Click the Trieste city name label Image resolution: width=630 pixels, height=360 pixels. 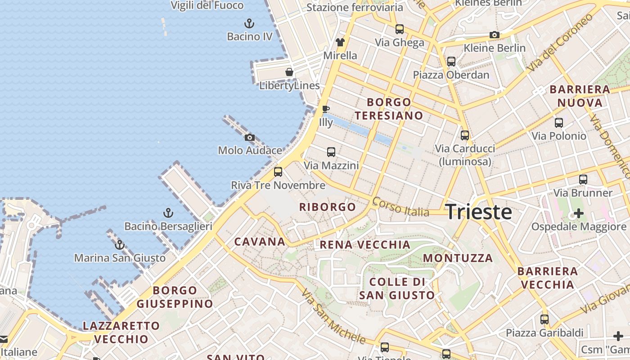[478, 212]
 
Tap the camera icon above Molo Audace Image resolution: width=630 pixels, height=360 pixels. [250, 137]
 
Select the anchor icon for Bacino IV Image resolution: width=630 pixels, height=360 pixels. [249, 23]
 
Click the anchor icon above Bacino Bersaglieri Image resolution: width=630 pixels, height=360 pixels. [168, 213]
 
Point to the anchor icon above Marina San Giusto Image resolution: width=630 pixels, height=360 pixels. [119, 245]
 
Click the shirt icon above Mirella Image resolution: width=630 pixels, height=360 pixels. [340, 42]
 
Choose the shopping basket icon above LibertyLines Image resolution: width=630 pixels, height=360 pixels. [289, 72]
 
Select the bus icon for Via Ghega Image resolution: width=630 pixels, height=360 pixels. [400, 29]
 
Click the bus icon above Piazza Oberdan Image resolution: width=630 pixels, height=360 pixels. [451, 62]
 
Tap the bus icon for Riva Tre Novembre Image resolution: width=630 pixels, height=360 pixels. [278, 172]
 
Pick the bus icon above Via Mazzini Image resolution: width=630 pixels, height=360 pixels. [331, 152]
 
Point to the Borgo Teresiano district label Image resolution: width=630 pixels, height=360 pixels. [389, 109]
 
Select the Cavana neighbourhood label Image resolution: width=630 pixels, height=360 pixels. [260, 242]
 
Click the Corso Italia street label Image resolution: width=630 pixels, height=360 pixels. [400, 207]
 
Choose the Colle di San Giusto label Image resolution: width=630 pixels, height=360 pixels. [397, 288]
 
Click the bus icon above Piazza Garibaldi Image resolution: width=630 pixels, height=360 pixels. [544, 319]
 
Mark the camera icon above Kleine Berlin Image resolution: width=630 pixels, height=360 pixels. [495, 35]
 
